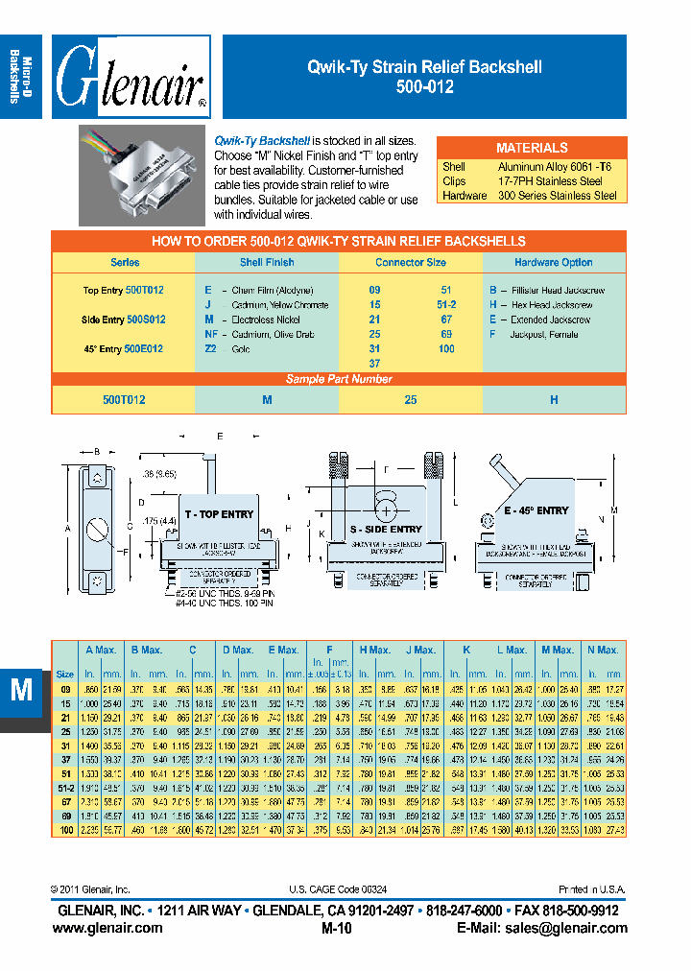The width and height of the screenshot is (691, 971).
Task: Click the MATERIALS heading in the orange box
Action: coord(531,148)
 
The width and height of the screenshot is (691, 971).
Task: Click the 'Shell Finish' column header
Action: coord(267,262)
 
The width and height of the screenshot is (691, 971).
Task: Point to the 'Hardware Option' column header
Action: coord(554,262)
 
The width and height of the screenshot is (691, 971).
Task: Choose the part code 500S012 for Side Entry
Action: coord(145,320)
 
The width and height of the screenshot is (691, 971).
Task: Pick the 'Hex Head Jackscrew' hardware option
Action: coord(546,305)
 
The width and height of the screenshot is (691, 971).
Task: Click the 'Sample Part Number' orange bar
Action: coord(339,379)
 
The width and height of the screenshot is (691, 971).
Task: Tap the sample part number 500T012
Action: coord(124,399)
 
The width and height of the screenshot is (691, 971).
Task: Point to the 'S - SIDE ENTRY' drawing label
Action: coord(385,529)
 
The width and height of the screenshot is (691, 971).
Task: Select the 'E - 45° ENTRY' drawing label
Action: coord(536,511)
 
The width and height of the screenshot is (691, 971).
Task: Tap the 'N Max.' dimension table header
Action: coord(603,651)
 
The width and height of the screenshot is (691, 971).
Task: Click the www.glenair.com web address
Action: coord(107,928)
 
